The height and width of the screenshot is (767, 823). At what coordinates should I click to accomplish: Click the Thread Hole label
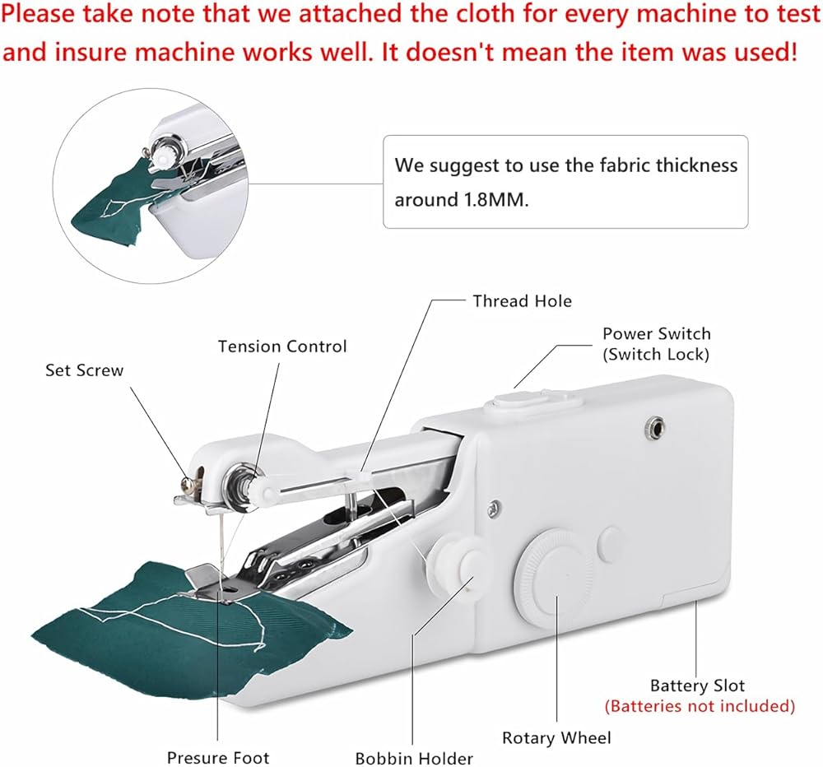[523, 301]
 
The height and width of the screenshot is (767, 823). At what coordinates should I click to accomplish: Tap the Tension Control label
[282, 346]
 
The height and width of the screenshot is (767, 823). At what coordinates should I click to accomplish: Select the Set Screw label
[84, 370]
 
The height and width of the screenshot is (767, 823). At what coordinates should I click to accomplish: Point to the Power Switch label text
[657, 334]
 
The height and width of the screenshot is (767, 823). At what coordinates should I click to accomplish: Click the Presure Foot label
[218, 758]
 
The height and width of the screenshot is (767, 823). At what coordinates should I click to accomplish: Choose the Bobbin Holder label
[414, 759]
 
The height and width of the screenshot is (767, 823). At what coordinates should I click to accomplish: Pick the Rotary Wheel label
[556, 737]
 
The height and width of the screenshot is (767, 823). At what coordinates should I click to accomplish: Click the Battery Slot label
[698, 685]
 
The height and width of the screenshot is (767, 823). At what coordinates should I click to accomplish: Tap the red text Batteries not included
[700, 706]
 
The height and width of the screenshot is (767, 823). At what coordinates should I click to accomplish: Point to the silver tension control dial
[243, 487]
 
